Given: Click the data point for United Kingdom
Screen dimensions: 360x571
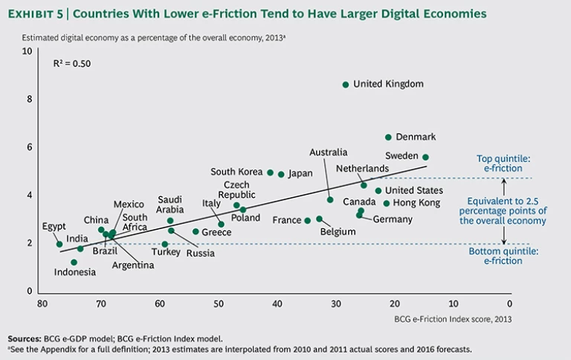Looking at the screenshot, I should coord(346,85).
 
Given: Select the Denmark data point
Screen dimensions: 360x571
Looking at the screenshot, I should coord(388,137).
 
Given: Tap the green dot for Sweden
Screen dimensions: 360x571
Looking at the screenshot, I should coord(425,157).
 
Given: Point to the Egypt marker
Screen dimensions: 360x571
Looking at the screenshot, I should coord(59,244).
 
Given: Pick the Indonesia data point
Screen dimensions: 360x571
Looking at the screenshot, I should coord(74,262).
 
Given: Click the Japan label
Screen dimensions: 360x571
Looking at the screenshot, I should coord(300,174).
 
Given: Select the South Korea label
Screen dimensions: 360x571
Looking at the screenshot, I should coord(236,172).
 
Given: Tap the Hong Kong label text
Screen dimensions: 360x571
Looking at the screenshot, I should coord(416,202).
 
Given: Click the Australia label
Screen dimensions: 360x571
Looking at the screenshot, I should coord(329,152).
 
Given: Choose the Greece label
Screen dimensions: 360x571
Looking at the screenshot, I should coord(216,232).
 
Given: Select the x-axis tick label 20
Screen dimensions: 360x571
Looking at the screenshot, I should coord(394,303).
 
